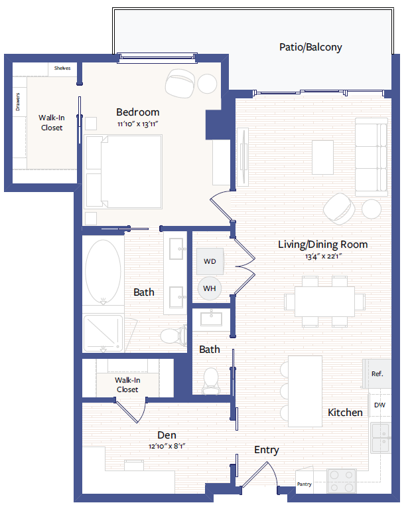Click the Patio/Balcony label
[310, 47]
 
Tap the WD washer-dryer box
[210, 261]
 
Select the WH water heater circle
[210, 288]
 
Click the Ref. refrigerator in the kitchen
[377, 374]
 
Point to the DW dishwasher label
[379, 405]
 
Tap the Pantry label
[305, 484]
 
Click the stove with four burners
[342, 481]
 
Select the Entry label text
[266, 450]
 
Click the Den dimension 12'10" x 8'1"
[167, 447]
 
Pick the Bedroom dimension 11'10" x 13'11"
[137, 124]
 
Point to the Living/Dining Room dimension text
[322, 256]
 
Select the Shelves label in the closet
[62, 68]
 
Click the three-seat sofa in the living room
[371, 155]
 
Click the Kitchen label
[345, 413]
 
